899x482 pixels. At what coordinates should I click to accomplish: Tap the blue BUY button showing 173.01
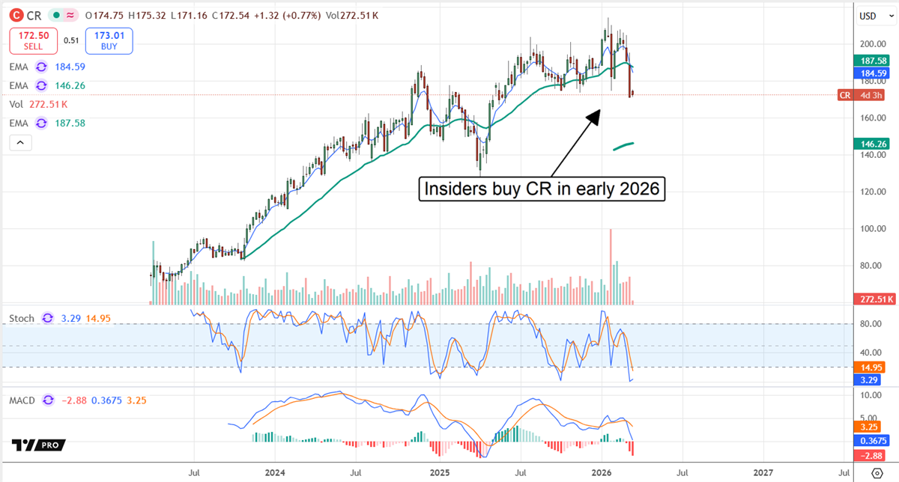(x=109, y=41)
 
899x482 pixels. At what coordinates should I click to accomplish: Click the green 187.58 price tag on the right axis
(x=873, y=60)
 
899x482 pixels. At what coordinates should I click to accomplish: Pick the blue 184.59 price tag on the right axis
(x=873, y=73)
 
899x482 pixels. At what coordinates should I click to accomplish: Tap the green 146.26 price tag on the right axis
(x=873, y=142)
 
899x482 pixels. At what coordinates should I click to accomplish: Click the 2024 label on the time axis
(x=275, y=473)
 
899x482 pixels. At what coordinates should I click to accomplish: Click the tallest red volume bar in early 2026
(x=611, y=266)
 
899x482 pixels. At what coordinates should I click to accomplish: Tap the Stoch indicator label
(x=22, y=318)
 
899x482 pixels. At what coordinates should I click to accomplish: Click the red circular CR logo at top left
(x=15, y=15)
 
